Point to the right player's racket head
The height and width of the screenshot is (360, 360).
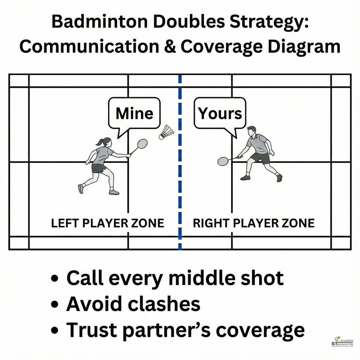click(223, 161)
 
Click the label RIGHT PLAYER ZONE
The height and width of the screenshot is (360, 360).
click(253, 223)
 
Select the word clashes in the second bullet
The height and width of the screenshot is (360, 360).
click(162, 304)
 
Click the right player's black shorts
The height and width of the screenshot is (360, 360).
click(261, 158)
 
